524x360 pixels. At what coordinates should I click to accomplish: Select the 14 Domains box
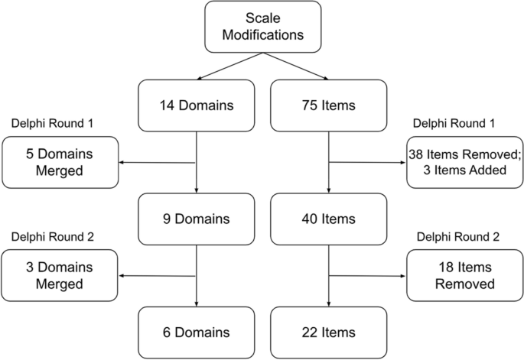pyautogui.click(x=197, y=105)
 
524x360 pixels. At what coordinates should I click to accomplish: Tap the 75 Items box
pyautogui.click(x=328, y=105)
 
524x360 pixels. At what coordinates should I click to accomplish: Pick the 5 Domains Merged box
pyautogui.click(x=60, y=161)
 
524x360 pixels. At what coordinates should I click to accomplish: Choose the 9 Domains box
pyautogui.click(x=197, y=219)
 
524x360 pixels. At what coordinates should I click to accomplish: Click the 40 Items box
pyautogui.click(x=328, y=219)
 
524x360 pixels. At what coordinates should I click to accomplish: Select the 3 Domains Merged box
pyautogui.click(x=60, y=276)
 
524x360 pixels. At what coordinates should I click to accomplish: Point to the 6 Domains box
pyautogui.click(x=197, y=332)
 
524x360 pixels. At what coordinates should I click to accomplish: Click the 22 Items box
pyautogui.click(x=328, y=332)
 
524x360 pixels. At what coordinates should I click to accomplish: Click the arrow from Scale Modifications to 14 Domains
pyautogui.click(x=229, y=66)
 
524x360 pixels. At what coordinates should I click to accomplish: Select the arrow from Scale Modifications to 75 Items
pyautogui.click(x=295, y=66)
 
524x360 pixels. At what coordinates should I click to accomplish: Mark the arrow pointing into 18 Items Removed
pyautogui.click(x=367, y=276)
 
